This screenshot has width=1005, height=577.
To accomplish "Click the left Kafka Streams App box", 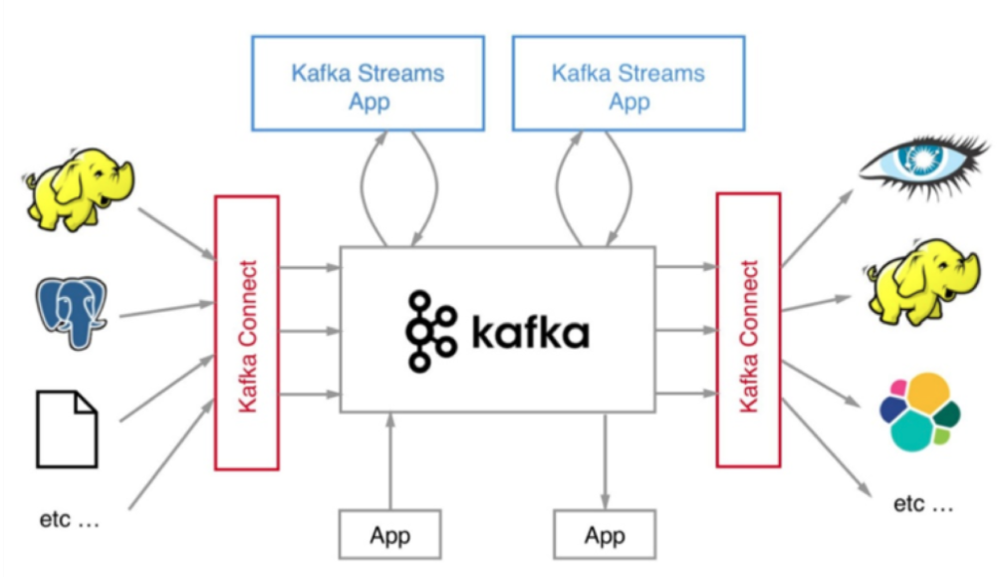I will (x=368, y=84).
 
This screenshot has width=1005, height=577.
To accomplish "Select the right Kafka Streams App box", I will (x=628, y=84).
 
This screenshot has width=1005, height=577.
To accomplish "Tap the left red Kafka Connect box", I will (x=247, y=333).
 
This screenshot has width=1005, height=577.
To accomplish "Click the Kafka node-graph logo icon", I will (x=430, y=332).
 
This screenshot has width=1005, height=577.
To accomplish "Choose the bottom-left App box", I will (x=389, y=534).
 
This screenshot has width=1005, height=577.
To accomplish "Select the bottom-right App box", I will (x=604, y=534).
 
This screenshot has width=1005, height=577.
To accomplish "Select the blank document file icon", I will (x=68, y=429).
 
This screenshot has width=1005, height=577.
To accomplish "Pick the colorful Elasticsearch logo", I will (x=919, y=412).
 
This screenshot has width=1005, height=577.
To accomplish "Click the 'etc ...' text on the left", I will (x=70, y=519).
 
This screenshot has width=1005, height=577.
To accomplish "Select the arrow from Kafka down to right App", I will (x=605, y=458).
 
